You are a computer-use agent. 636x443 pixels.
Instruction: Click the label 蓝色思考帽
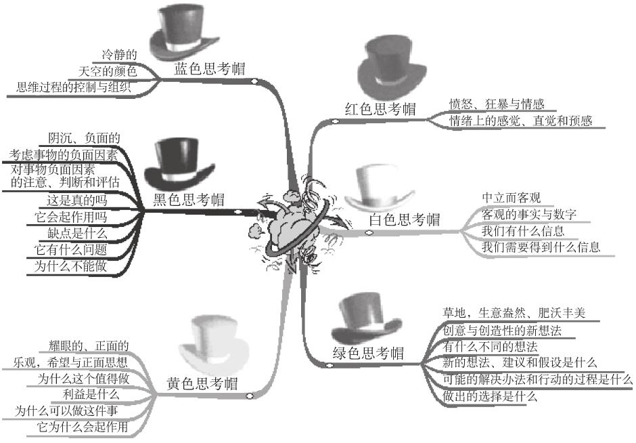tap(209, 69)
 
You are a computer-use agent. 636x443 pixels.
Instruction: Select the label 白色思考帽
tap(404, 219)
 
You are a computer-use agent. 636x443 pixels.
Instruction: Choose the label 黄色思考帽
tap(202, 383)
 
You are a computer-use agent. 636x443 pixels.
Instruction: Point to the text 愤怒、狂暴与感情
tap(497, 104)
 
